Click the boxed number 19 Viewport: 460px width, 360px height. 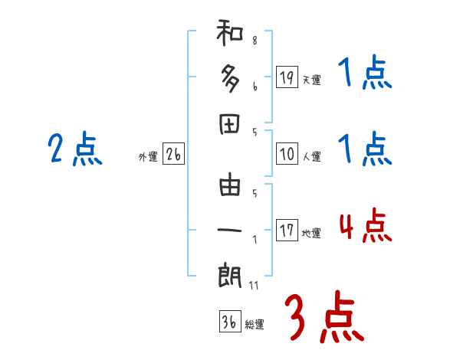287,77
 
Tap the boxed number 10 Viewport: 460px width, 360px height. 287,154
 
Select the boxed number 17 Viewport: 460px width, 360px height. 287,230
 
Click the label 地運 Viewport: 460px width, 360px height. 311,233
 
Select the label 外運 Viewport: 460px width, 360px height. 148,157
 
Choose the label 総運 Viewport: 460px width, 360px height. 255,325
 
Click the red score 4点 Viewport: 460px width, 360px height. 364,227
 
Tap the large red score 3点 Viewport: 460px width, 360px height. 323,317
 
